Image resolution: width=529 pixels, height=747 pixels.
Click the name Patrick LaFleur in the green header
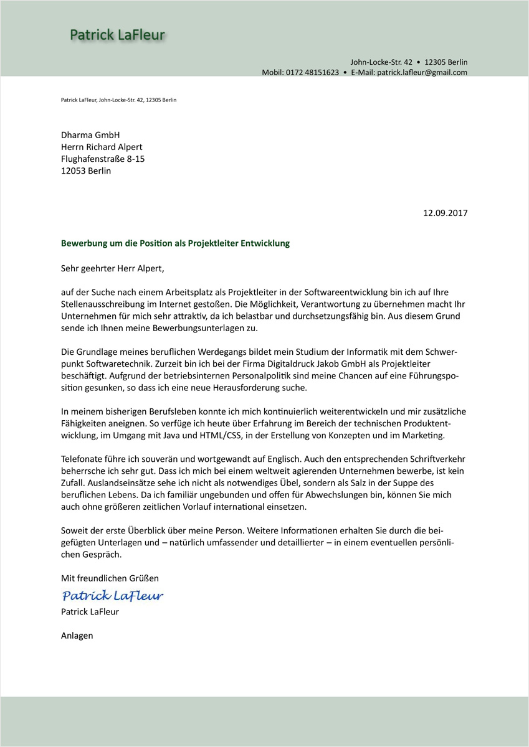(x=117, y=35)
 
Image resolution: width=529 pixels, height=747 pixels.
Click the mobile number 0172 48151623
(x=312, y=72)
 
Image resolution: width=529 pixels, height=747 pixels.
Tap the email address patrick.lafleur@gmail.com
(x=422, y=72)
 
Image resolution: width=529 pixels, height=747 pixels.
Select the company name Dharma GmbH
(x=90, y=135)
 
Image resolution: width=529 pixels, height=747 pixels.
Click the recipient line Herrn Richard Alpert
(x=102, y=147)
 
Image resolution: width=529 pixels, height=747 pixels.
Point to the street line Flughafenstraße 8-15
(x=103, y=159)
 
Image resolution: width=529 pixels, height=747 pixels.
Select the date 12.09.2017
(x=445, y=213)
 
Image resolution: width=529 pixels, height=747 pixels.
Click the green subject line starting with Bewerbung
(x=175, y=243)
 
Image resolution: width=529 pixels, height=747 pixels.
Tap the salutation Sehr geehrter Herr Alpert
(x=112, y=269)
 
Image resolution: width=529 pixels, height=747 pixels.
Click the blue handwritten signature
(x=113, y=596)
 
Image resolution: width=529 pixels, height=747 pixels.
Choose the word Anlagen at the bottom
(x=77, y=636)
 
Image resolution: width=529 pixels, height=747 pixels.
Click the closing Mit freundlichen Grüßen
(x=110, y=578)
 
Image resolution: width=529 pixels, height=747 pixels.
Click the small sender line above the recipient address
(x=118, y=100)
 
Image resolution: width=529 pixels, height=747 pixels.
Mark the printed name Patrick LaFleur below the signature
(x=90, y=611)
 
